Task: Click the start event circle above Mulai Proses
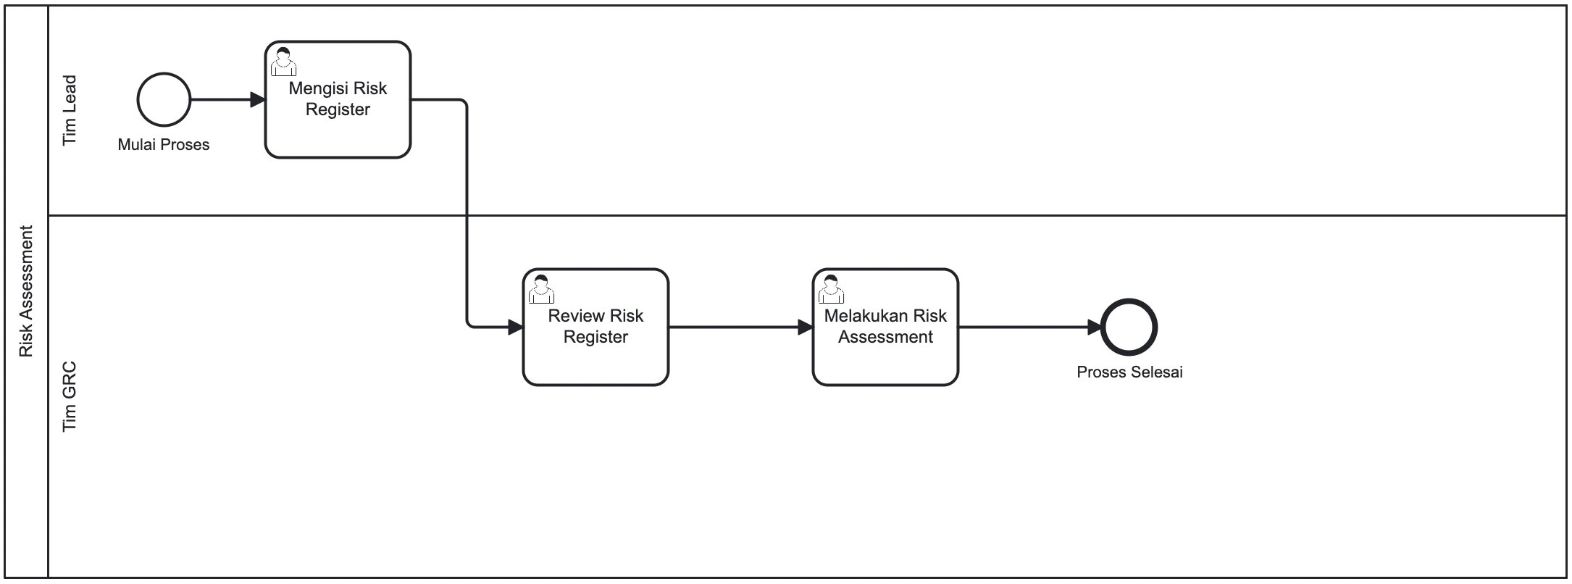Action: tap(164, 100)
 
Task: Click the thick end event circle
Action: tap(1129, 328)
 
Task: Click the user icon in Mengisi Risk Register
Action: tap(283, 62)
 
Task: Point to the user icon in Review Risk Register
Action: tap(541, 290)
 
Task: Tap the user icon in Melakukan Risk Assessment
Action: tap(831, 290)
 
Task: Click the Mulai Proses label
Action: tap(164, 145)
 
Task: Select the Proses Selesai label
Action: tap(1129, 372)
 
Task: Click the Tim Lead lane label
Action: tap(70, 110)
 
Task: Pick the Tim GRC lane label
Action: tap(70, 397)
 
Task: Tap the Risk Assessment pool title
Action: tap(27, 291)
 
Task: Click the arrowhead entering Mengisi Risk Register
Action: tap(257, 100)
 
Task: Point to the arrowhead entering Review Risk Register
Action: tap(515, 328)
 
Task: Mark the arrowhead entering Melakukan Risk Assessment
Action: tap(805, 328)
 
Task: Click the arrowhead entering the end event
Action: tap(1093, 328)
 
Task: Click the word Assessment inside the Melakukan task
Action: tap(885, 337)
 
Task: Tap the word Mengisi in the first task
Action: tap(316, 88)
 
